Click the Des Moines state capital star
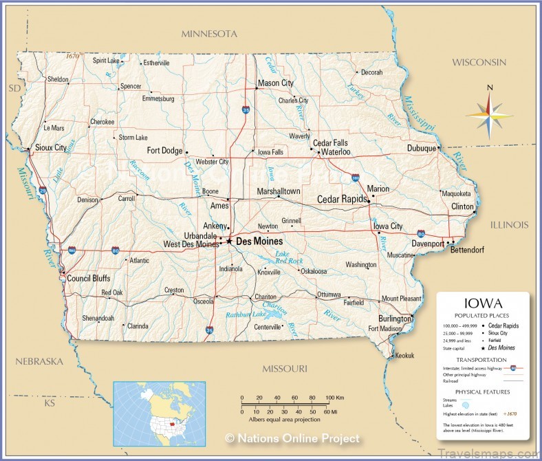(229, 242)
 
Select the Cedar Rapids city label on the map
(341, 200)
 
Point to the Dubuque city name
(422, 148)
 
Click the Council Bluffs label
(89, 279)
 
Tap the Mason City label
(275, 83)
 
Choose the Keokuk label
(404, 356)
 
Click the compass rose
(488, 113)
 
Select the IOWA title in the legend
(483, 303)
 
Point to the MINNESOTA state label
(209, 34)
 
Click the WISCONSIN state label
(479, 63)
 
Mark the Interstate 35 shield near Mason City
(246, 109)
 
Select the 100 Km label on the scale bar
(335, 398)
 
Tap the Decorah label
(371, 72)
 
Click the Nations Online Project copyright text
(292, 438)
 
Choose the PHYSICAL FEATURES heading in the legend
(482, 392)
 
